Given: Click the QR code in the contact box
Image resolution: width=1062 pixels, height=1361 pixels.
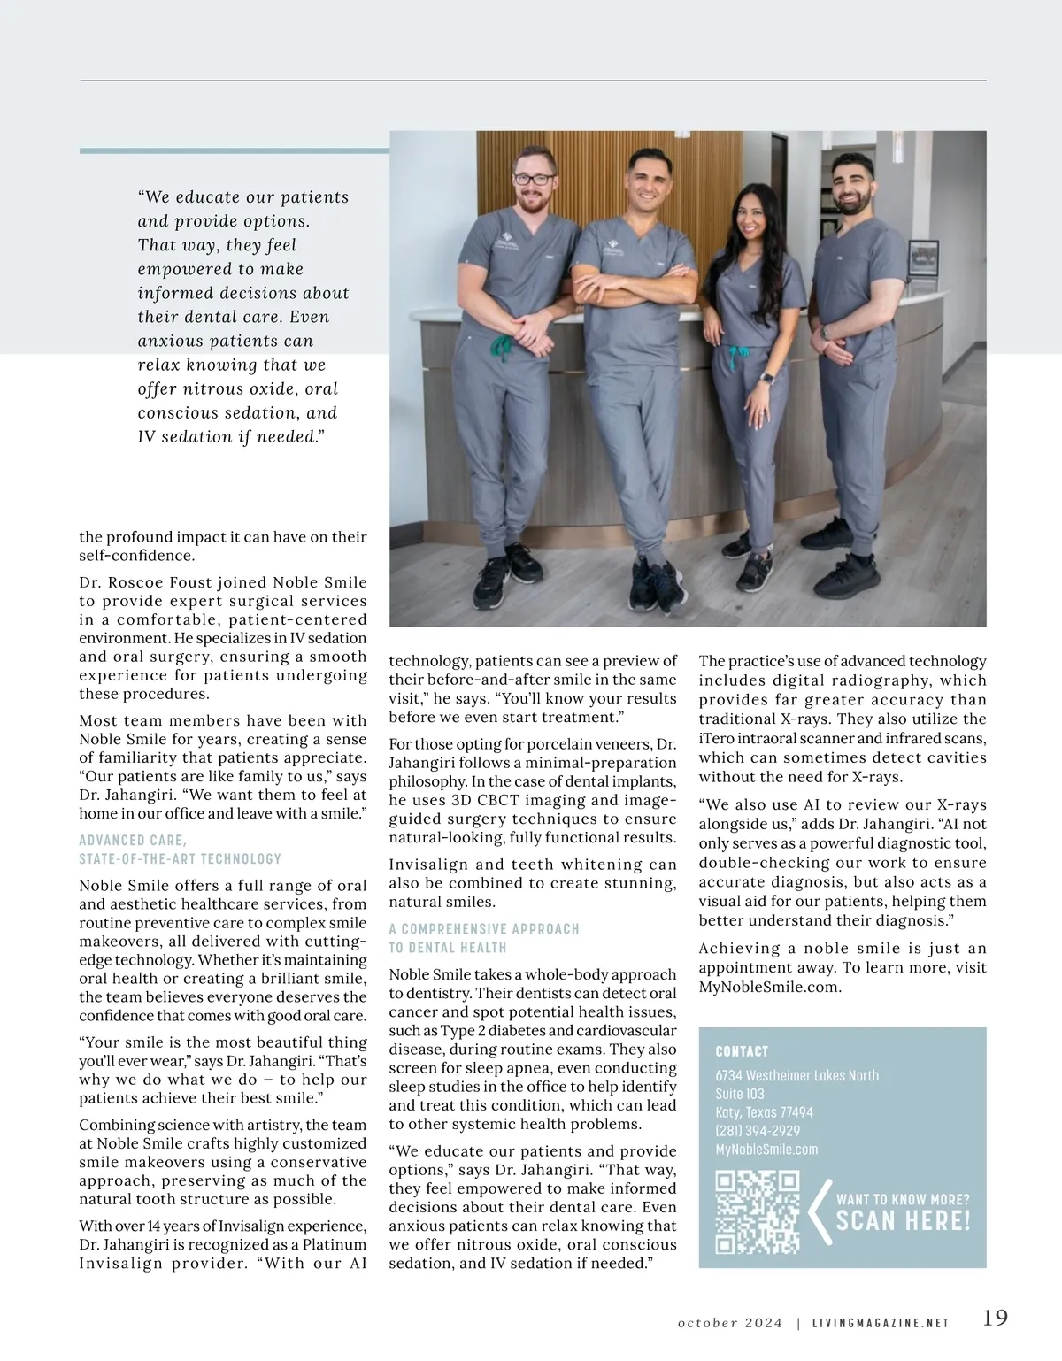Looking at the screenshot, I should point(757,1212).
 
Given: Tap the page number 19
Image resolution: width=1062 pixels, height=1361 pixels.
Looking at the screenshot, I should point(995,1318).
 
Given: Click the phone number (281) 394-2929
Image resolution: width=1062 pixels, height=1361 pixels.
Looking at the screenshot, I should point(757,1131).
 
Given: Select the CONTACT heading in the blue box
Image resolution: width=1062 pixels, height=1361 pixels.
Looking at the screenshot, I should point(742,1051).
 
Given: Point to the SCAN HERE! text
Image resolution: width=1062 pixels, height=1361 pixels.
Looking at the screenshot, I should point(903,1221).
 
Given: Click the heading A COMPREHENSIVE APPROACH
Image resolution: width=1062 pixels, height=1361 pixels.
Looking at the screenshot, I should point(484,929).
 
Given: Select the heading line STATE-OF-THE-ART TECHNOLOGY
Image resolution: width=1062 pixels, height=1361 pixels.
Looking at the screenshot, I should point(181,858).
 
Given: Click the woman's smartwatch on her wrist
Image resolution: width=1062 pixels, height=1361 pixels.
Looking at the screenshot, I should point(769,377).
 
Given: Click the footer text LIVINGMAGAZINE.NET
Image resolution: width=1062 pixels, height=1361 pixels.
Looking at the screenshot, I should point(880,1324).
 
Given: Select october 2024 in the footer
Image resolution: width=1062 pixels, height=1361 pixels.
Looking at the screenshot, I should point(730,1324).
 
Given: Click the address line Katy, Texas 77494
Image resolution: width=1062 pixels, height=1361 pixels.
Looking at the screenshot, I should point(764,1112).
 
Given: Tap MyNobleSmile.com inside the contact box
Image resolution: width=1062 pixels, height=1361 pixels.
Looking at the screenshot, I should point(766,1150).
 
